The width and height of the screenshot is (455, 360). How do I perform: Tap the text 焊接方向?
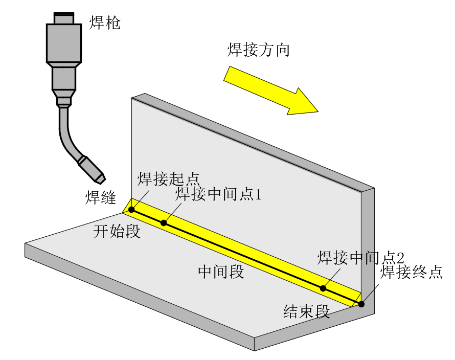click(258, 50)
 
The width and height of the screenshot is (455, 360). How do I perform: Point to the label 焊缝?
click(101, 197)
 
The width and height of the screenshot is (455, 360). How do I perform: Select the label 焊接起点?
click(168, 179)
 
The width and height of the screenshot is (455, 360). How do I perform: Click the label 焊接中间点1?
click(218, 194)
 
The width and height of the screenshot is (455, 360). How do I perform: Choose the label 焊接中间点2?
click(361, 257)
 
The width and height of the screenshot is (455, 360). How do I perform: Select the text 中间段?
click(221, 272)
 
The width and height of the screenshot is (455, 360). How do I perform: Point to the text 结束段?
click(307, 311)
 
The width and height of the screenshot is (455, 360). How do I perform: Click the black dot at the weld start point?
click(131, 210)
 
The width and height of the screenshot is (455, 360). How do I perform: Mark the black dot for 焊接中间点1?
click(164, 223)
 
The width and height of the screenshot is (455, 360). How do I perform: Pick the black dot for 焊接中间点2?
click(323, 288)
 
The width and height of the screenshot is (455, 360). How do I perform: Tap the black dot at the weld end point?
click(361, 304)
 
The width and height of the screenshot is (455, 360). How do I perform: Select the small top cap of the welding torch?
click(64, 19)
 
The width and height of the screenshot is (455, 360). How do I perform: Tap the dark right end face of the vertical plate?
click(368, 245)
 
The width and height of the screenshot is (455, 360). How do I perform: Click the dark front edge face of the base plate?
click(138, 296)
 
